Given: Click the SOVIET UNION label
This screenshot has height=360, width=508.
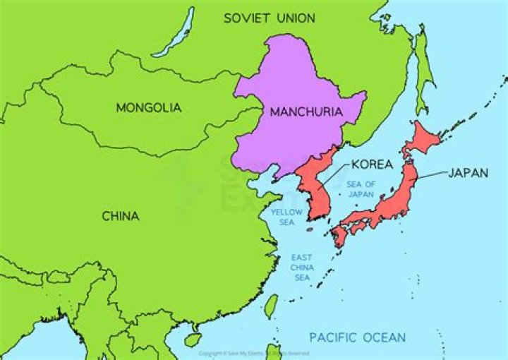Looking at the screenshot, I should pyautogui.click(x=270, y=18).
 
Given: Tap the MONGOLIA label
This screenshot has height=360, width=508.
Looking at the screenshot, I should pyautogui.click(x=148, y=108).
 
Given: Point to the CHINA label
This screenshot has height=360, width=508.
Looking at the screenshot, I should pyautogui.click(x=121, y=216).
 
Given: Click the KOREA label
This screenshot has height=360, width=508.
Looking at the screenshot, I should pyautogui.click(x=372, y=164).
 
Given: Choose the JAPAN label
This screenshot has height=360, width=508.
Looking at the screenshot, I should pyautogui.click(x=468, y=172).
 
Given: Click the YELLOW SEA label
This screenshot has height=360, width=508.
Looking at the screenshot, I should pyautogui.click(x=286, y=217).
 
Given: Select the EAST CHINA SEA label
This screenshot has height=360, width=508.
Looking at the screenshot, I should pyautogui.click(x=302, y=268).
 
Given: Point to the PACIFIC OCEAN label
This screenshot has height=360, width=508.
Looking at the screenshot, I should pyautogui.click(x=357, y=337).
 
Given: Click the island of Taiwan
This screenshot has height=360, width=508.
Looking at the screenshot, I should pyautogui.click(x=271, y=306).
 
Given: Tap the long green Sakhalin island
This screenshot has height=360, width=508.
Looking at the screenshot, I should pyautogui.click(x=423, y=71).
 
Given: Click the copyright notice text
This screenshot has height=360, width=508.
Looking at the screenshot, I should pyautogui.click(x=254, y=353).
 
